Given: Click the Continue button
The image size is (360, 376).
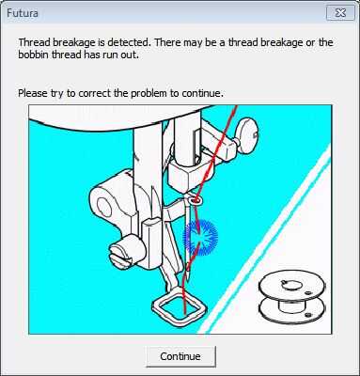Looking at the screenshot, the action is [180, 356].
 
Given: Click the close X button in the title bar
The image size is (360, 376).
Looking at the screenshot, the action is [340, 13].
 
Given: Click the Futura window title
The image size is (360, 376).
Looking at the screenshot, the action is [23, 13].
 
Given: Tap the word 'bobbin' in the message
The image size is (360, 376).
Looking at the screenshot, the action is [34, 55].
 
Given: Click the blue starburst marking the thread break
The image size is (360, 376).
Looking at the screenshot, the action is [200, 237].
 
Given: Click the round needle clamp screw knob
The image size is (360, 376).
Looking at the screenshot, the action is [247, 134].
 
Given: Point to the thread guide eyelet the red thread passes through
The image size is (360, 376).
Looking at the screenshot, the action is [196, 200].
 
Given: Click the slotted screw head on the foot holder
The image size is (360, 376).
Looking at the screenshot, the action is [120, 254].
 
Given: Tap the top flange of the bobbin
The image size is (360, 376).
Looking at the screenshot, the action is [292, 285].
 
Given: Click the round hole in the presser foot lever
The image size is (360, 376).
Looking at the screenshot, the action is [103, 207].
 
